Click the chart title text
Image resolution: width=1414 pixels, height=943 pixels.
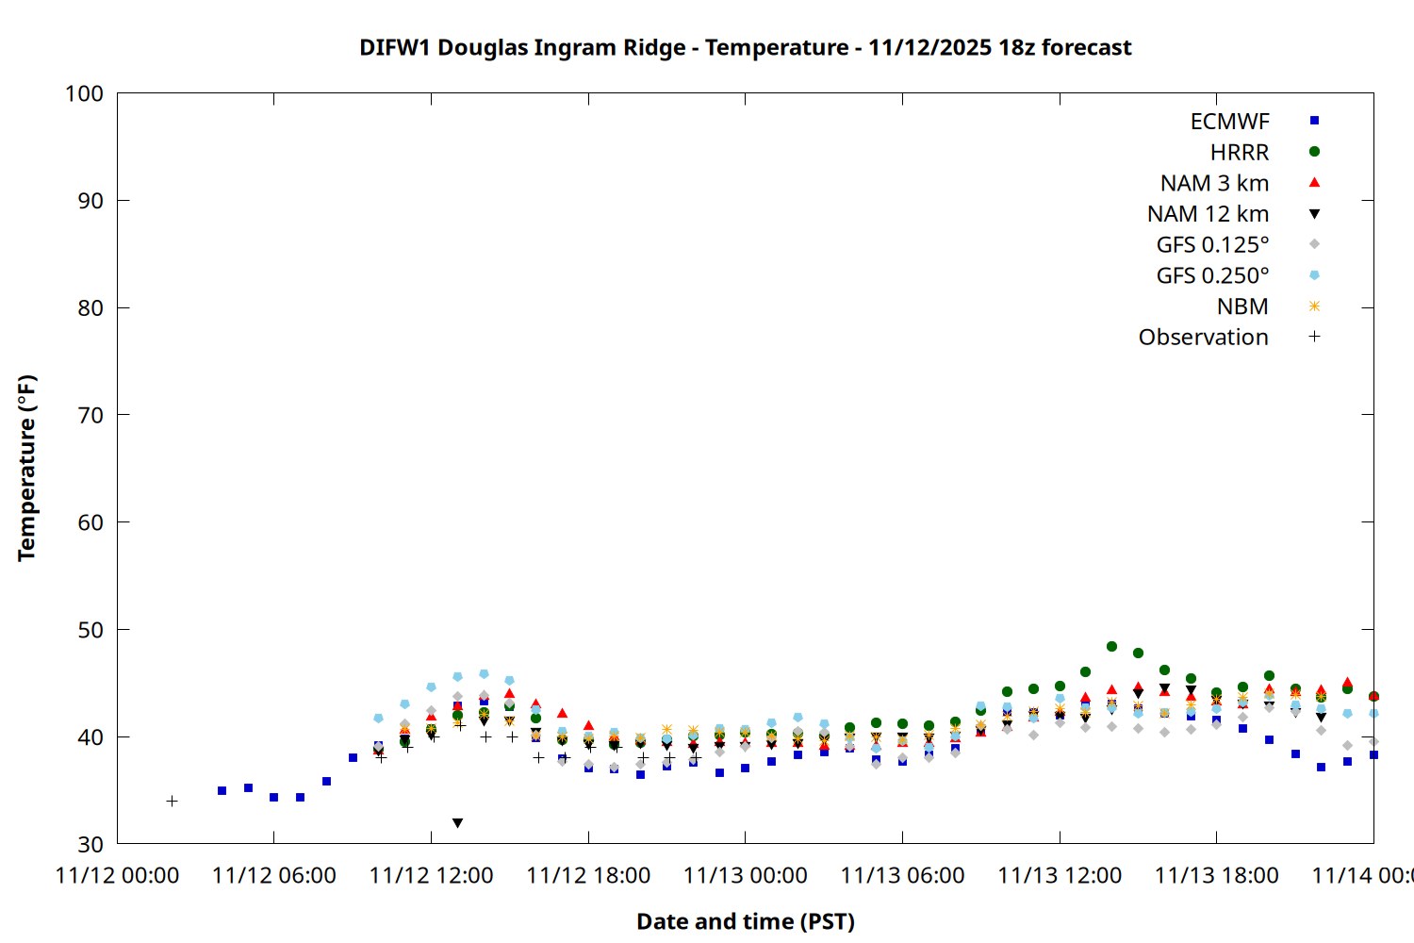point(745,47)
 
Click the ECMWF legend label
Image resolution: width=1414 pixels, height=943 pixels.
point(1229,122)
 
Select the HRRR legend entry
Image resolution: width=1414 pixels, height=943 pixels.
point(1240,153)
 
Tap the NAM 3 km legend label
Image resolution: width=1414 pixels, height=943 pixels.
point(1214,183)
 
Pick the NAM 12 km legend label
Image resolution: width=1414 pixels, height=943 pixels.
point(1208,214)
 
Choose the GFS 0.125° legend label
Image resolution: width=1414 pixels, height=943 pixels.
point(1212,245)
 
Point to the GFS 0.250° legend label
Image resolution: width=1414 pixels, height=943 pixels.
point(1212,276)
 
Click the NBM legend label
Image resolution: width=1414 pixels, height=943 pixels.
point(1242,306)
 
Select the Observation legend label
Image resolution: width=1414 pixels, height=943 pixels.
point(1203,338)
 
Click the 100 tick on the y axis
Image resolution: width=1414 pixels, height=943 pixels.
point(84,93)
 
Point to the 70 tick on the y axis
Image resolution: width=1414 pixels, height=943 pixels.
point(90,415)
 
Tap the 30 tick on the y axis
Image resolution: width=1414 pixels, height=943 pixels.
point(90,844)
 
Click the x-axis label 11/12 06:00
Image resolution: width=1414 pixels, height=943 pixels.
point(274,876)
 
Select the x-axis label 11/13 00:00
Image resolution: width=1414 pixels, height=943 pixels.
point(745,876)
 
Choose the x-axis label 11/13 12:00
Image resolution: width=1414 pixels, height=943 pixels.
point(1060,876)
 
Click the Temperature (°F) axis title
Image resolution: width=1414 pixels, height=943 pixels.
point(26,468)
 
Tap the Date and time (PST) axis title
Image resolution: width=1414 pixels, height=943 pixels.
point(745,921)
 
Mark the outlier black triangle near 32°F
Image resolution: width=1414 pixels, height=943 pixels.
point(457,823)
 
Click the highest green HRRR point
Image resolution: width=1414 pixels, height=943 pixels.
point(1111,647)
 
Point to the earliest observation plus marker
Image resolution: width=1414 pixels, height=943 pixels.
point(172,802)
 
